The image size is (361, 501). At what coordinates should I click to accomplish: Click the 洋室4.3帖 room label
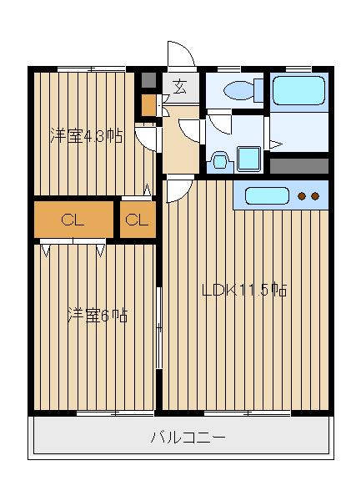tap(85, 136)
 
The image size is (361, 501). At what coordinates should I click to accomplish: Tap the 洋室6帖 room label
tap(98, 316)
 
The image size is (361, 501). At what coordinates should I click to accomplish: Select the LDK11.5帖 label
tap(245, 291)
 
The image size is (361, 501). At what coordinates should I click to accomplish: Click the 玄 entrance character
tap(180, 84)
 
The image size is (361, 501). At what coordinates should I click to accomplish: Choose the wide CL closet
tap(73, 220)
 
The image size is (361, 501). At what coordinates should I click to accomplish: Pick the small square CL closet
tap(138, 220)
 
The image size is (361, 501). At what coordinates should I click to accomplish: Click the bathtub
tap(298, 90)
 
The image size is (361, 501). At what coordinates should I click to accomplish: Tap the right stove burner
tap(316, 197)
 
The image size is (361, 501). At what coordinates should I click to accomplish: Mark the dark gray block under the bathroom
tap(299, 164)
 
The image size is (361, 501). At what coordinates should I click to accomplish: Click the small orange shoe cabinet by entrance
tap(148, 105)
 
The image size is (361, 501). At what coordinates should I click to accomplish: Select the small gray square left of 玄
tap(148, 81)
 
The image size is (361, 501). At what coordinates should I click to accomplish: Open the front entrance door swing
tap(179, 55)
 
